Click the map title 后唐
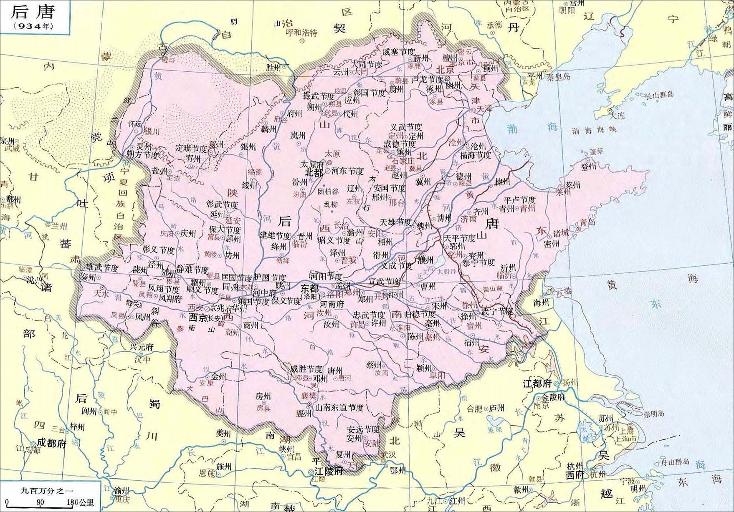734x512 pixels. [33, 12]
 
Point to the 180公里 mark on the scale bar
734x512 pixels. [80, 503]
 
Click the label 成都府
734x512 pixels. [51, 443]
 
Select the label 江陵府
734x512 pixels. [329, 471]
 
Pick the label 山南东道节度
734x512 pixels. [339, 407]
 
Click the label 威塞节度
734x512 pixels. [398, 52]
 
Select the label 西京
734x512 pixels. [198, 318]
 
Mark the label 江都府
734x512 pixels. [537, 383]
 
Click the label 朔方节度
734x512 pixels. [143, 155]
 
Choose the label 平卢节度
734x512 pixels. [519, 200]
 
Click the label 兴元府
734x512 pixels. [141, 347]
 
